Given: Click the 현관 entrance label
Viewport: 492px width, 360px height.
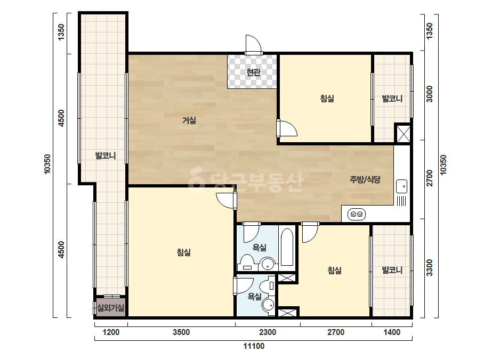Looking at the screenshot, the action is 253,72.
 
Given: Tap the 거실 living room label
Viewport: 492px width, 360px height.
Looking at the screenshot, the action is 189,120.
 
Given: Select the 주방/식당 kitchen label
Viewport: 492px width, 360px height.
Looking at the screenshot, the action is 365,179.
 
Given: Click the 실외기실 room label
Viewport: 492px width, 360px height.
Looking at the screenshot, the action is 111,308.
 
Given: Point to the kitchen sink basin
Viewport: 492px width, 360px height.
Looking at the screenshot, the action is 401,186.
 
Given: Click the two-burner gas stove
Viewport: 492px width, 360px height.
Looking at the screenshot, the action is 357,215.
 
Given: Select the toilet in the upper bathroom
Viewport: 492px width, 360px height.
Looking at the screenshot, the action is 247,263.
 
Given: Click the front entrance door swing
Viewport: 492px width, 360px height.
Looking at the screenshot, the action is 253,44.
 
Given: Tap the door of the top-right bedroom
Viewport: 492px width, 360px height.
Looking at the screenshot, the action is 286,128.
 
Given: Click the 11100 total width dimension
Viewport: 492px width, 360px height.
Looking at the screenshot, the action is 254,346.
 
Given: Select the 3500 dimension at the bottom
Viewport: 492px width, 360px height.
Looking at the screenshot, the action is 181,332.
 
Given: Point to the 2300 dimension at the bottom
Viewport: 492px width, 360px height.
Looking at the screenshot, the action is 268,332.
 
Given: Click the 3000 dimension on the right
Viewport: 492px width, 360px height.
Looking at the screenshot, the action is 429,94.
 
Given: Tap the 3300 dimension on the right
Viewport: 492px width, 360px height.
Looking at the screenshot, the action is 429,267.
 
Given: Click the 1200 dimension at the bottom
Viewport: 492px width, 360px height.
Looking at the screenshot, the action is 111,332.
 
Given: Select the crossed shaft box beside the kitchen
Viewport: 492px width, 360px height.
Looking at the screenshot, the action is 403,133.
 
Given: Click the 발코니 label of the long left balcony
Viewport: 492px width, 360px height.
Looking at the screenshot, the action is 106,155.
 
